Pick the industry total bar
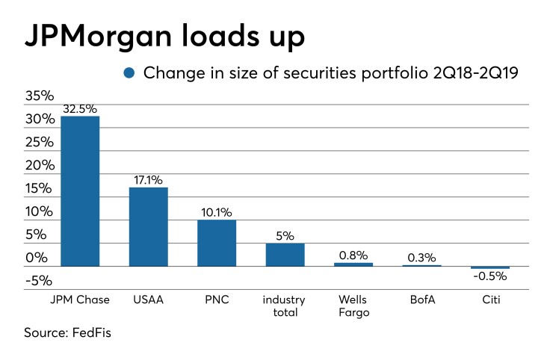(285, 255)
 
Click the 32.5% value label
(80, 108)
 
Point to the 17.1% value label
(148, 179)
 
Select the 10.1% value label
(217, 211)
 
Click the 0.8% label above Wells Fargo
(353, 255)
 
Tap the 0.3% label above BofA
(421, 257)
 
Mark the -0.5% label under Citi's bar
(490, 276)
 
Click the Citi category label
(490, 300)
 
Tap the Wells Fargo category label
(353, 306)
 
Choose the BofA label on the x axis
(421, 300)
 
